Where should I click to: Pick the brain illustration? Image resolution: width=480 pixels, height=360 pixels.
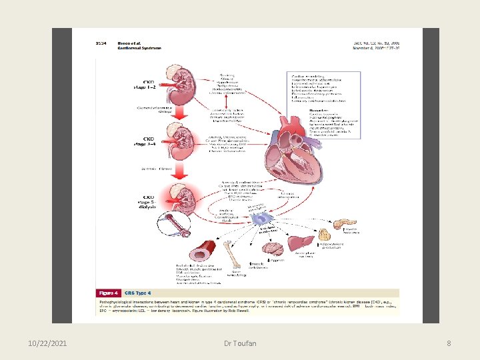[272, 249]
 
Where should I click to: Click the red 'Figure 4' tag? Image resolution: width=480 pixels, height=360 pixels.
[109, 293]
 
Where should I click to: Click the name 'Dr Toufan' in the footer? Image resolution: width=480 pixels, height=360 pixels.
[239, 343]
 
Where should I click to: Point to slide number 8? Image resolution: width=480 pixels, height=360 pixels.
[449, 343]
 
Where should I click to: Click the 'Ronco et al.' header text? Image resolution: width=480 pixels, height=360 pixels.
[131, 44]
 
